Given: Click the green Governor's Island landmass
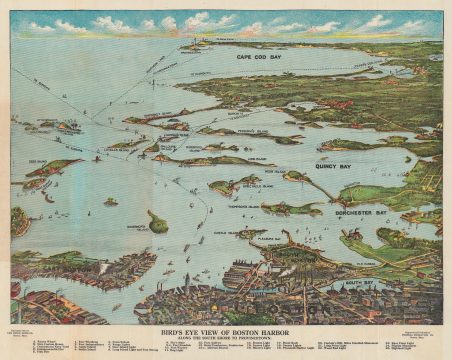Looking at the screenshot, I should [x=157, y=221].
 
